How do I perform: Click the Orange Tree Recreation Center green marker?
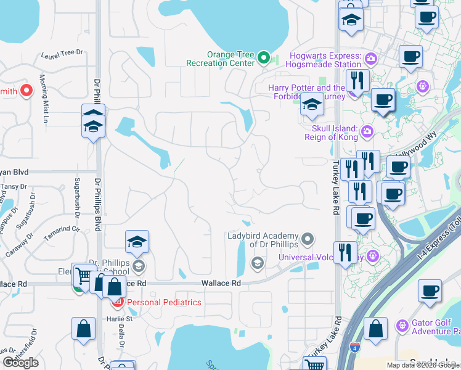(x=264, y=59)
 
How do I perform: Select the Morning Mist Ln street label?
(x=43, y=99)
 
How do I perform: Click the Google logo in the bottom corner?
(x=21, y=363)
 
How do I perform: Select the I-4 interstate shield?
(x=354, y=348)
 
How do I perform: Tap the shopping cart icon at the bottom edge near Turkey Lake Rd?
(x=315, y=364)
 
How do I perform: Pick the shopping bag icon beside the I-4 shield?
(x=375, y=329)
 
